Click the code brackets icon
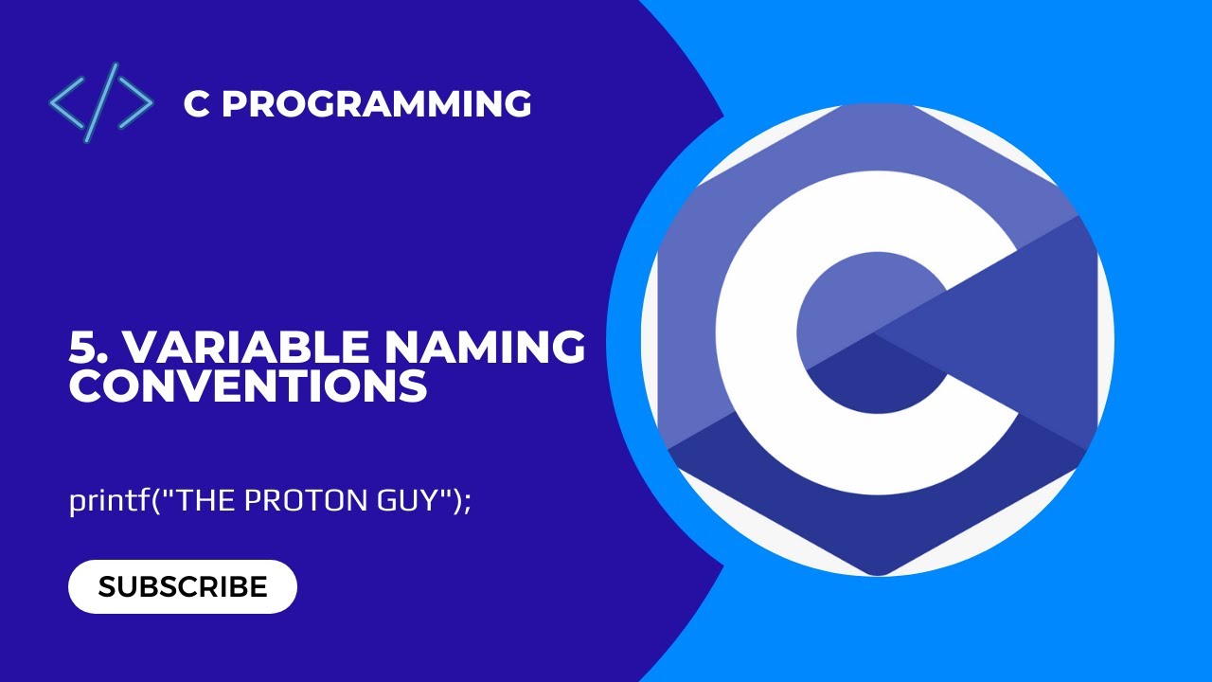tap(101, 102)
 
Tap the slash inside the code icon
tap(101, 102)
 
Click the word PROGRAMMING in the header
tap(376, 104)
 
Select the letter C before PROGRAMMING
tap(197, 104)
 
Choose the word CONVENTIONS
tap(248, 386)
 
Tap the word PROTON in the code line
tap(294, 501)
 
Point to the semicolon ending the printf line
tap(467, 502)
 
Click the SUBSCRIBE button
tap(183, 586)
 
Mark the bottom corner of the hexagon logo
tap(877, 572)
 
